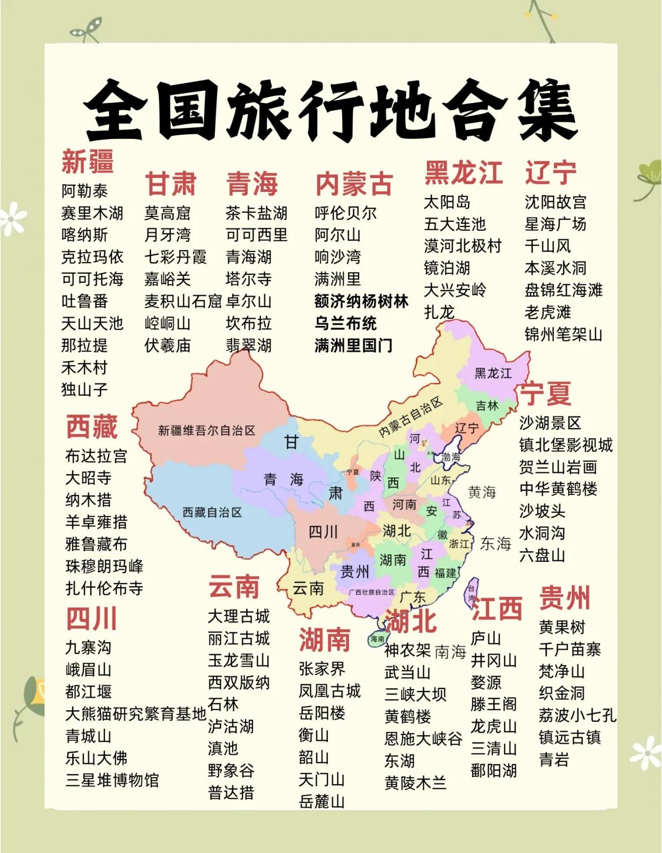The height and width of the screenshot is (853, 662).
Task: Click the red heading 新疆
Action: [x=88, y=161]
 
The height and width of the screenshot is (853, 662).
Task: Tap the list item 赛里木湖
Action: [x=92, y=213]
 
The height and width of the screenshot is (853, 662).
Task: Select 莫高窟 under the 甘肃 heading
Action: [x=167, y=213]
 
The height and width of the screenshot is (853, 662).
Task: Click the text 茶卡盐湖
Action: [x=256, y=213]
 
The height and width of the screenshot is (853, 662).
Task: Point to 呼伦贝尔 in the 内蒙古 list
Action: [x=345, y=213]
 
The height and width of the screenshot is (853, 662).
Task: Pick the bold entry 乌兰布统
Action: [x=345, y=324]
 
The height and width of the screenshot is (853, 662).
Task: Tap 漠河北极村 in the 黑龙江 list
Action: [x=463, y=246]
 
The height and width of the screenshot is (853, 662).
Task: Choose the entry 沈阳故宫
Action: [x=555, y=202]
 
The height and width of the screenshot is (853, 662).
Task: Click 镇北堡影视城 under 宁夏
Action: [x=565, y=445]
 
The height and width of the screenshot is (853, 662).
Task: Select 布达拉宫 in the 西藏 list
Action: [x=96, y=456]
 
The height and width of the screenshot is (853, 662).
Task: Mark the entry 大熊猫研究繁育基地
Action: [x=135, y=714]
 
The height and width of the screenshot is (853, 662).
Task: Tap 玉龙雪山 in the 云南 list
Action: [x=239, y=660]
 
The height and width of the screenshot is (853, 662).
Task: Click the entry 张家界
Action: [x=322, y=669]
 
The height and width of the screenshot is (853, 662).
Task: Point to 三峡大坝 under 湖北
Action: [x=415, y=694]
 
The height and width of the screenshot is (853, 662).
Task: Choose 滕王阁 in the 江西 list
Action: [x=493, y=704]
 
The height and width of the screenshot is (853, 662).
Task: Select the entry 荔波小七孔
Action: [x=577, y=716]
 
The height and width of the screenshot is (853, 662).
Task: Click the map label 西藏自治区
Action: [x=212, y=512]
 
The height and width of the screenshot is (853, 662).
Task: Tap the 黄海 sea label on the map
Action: [x=482, y=493]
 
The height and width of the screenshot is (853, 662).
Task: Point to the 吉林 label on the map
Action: [x=487, y=406]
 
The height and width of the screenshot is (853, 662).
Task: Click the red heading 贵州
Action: [x=564, y=598]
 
